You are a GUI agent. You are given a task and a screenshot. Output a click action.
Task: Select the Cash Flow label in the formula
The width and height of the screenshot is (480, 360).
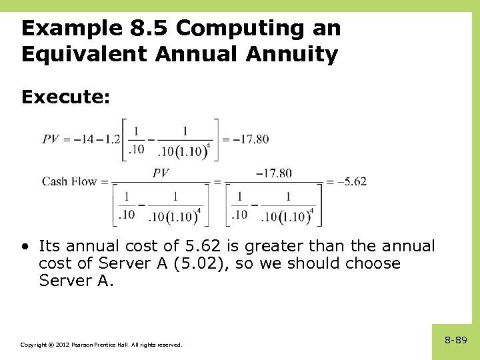coord(69,181)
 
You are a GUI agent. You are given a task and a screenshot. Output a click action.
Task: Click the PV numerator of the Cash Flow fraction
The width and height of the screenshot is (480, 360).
coord(161,173)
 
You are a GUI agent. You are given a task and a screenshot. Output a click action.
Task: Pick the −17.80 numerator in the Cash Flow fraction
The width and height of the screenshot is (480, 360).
coord(273,173)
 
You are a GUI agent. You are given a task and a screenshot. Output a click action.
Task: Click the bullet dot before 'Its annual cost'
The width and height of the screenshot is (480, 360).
coord(25,246)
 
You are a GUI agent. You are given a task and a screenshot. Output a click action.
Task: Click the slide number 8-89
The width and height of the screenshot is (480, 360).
coord(456,340)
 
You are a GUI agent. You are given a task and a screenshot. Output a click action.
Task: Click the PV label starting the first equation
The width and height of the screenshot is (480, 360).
coord(52,139)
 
